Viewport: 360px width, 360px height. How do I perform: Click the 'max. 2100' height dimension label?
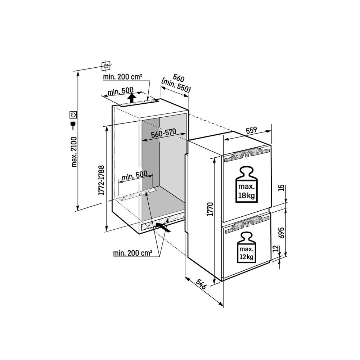(74, 152)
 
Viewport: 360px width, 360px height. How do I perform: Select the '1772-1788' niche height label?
(102, 180)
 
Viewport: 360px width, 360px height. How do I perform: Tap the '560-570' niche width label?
(164, 133)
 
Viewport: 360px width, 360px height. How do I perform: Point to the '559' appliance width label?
(251, 131)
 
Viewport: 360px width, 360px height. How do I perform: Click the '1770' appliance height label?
(210, 209)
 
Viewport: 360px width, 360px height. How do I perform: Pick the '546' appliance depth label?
(201, 284)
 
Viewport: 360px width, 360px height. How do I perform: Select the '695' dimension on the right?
(282, 232)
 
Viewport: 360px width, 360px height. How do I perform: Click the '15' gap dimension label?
(282, 188)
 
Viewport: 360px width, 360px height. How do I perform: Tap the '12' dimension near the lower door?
(276, 249)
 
